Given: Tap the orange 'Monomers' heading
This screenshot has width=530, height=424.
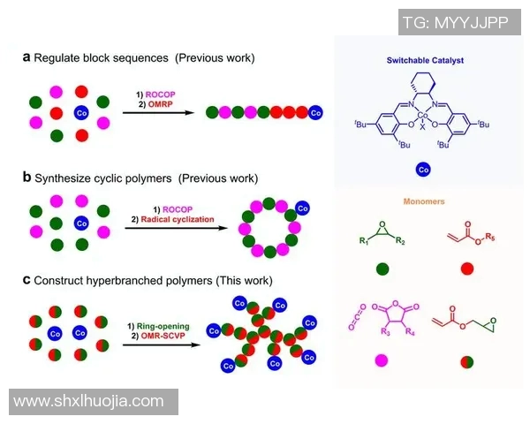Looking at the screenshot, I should (426, 201).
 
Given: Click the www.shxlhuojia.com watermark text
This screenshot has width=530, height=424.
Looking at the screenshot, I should (89, 401).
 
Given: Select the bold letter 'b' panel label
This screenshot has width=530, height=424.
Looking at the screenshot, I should (26, 177).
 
